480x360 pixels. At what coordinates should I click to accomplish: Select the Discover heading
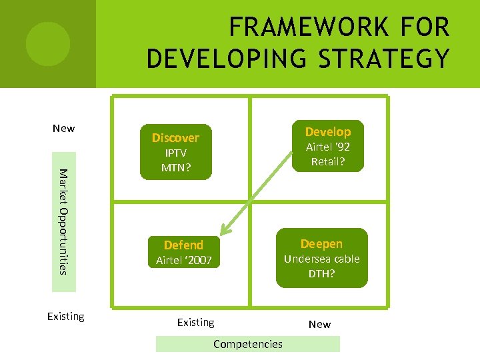[x=175, y=138]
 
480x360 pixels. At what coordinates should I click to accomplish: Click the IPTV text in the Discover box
[x=175, y=153]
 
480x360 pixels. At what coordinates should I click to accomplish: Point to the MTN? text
[x=175, y=167]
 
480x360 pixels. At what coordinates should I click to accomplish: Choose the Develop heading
[x=327, y=131]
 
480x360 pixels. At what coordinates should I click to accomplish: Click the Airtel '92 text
[x=327, y=147]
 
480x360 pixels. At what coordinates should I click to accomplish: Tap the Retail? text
[x=327, y=161]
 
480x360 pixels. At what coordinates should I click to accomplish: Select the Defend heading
[x=183, y=245]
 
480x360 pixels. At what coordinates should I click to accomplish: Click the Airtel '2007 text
[x=183, y=260]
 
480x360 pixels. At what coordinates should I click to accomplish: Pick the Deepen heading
[x=321, y=243]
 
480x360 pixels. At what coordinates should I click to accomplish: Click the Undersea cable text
[x=321, y=259]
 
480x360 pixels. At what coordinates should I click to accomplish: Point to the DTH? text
[x=321, y=273]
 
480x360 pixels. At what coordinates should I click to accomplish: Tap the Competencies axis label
[x=248, y=344]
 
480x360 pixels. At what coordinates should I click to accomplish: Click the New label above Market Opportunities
[x=64, y=128]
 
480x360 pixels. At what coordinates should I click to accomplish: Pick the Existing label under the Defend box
[x=195, y=322]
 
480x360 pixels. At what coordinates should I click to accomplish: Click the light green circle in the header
[x=48, y=43]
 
